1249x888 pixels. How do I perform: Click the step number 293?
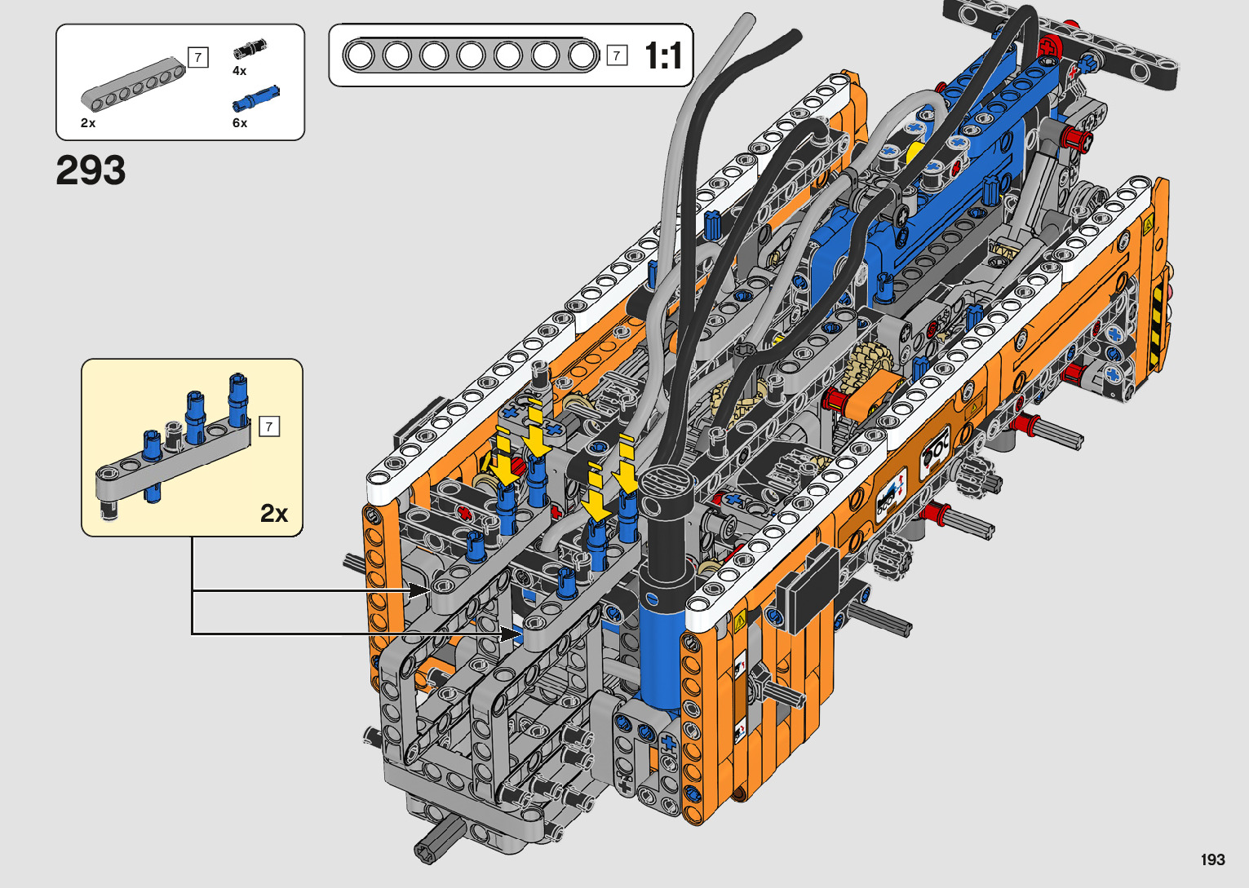(x=91, y=170)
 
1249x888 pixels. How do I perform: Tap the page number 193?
(x=1213, y=859)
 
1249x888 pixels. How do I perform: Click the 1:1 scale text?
(x=663, y=55)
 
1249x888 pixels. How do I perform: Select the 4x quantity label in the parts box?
(x=239, y=71)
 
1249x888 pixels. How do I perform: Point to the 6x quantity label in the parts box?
(x=240, y=123)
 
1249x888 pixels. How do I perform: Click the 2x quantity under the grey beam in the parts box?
(x=88, y=123)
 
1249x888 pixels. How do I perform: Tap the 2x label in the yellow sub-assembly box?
(x=274, y=513)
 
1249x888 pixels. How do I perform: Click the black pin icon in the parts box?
(x=250, y=48)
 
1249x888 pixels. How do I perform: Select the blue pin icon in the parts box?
(x=256, y=99)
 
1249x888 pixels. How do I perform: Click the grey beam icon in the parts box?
(x=133, y=84)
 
